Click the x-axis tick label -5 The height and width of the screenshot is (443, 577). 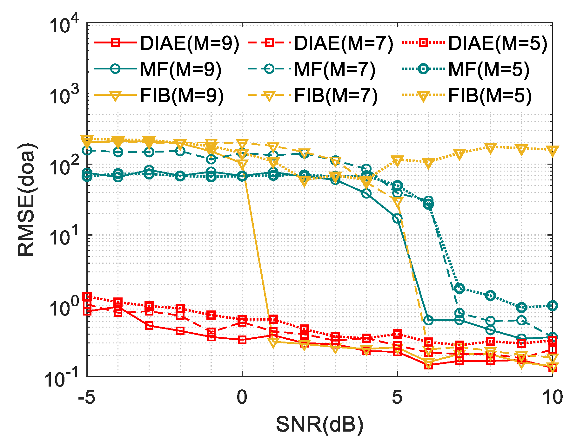coord(87,397)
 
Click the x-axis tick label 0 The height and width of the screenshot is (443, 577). coord(242,397)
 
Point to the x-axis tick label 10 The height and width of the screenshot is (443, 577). coord(553,397)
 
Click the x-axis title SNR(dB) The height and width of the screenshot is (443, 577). coord(319,425)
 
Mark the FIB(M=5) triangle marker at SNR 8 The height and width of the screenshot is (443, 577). coord(491,148)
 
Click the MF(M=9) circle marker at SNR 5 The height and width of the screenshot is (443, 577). coord(397,218)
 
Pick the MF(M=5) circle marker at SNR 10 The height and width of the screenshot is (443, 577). coord(553,306)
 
